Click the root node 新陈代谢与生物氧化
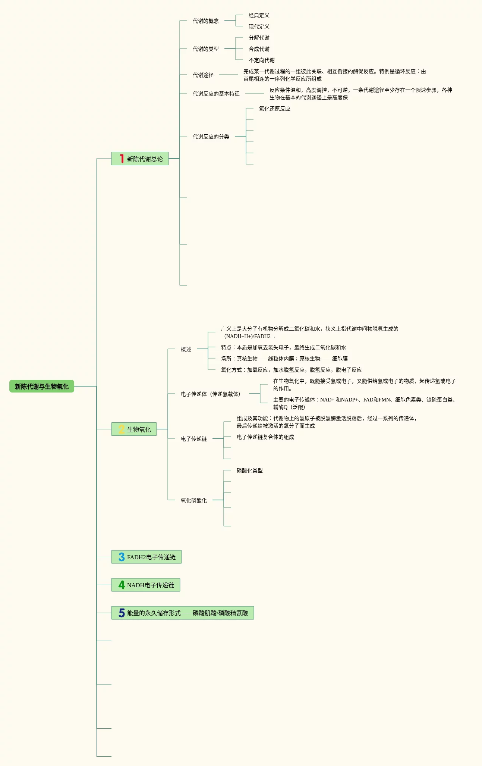point(41,387)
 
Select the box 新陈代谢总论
point(140,159)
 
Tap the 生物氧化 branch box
point(134,429)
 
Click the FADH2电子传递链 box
point(146,557)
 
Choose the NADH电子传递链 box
point(145,585)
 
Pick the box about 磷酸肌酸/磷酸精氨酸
point(182,613)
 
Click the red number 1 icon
point(122,159)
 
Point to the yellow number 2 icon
point(122,429)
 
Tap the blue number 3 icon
point(122,557)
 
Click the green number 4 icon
point(122,585)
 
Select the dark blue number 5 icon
point(122,613)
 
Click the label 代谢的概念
point(205,21)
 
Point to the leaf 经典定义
point(259,16)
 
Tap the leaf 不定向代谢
point(261,60)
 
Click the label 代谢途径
point(203,75)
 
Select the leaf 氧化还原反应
point(274,109)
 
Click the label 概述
point(186,350)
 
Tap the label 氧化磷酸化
point(193,501)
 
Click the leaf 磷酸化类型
point(249,471)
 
